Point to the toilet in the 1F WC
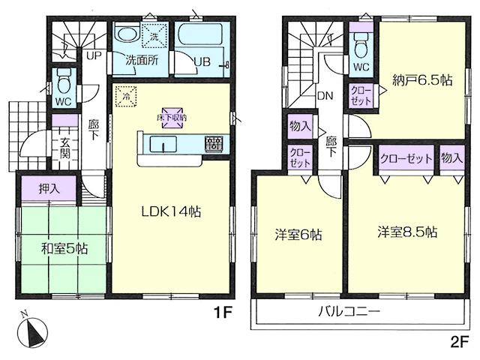(63, 79)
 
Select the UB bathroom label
(202, 61)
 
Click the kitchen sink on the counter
(162, 143)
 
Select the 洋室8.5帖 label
(406, 233)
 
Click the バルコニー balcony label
(349, 310)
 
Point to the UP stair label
(94, 56)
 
